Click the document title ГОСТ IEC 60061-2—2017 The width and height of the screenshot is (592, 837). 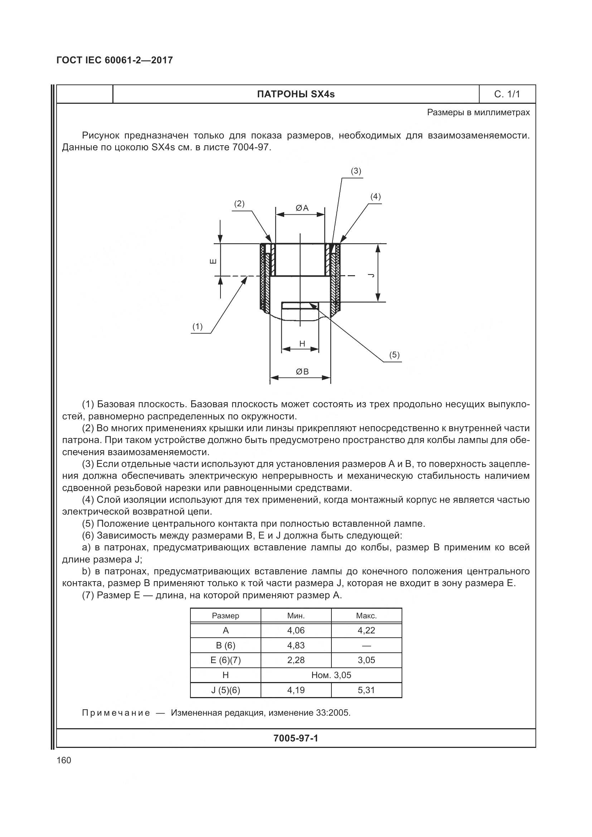tap(115, 60)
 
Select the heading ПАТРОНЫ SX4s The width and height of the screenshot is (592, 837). tap(296, 94)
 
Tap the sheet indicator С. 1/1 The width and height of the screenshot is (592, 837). tap(507, 94)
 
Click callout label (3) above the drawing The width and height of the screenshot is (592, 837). tap(356, 171)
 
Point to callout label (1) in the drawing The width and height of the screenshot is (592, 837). tap(197, 327)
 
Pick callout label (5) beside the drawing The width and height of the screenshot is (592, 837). tap(394, 355)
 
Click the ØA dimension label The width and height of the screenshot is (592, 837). tap(302, 208)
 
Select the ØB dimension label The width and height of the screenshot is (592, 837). tap(302, 371)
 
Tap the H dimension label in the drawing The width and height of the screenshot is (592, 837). tap(302, 344)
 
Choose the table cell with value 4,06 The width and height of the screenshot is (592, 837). tap(296, 630)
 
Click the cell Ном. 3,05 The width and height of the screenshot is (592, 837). tap(331, 675)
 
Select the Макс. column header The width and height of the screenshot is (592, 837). tap(366, 616)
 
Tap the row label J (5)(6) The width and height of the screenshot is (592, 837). tap(225, 690)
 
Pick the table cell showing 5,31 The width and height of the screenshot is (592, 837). tap(366, 690)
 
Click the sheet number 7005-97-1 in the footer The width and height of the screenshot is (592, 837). tap(296, 738)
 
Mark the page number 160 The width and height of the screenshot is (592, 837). tap(64, 760)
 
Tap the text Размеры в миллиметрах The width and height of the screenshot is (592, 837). tap(478, 112)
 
